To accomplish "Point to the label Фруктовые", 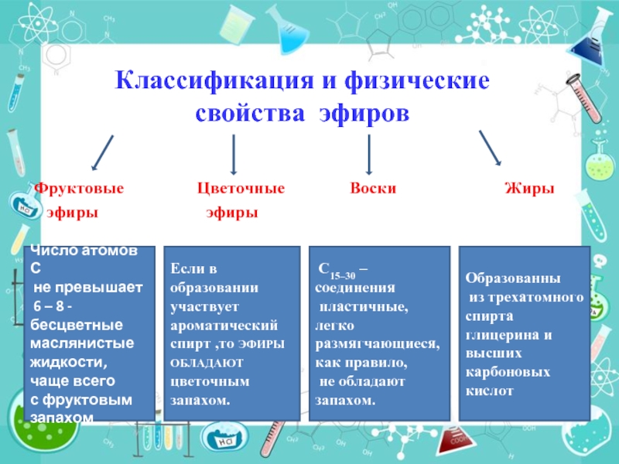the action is (x=79, y=189).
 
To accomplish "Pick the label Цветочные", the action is (x=241, y=189).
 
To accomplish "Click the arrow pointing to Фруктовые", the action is (x=102, y=152).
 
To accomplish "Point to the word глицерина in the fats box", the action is (x=491, y=335).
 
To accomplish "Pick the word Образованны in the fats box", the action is (x=512, y=279).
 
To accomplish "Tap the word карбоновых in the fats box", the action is (x=508, y=373).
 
